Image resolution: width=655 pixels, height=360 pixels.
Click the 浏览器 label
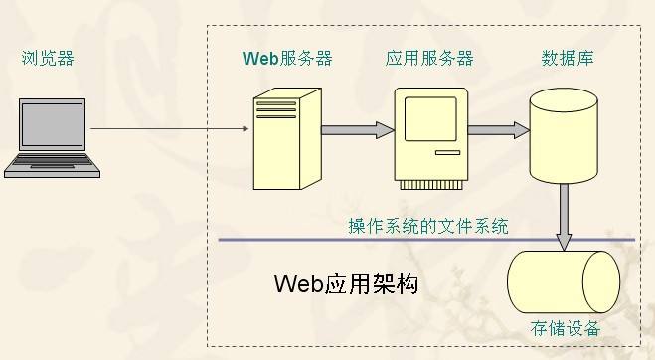pyautogui.click(x=48, y=58)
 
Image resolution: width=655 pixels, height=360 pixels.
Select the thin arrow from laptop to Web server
pyautogui.click(x=169, y=128)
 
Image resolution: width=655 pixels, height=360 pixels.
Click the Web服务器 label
pyautogui.click(x=287, y=58)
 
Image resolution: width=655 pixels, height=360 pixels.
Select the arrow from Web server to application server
pyautogui.click(x=358, y=129)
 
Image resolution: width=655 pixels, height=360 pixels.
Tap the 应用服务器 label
pyautogui.click(x=429, y=58)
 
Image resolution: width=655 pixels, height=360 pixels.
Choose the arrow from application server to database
pyautogui.click(x=497, y=129)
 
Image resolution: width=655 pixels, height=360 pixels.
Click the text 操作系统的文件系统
pyautogui.click(x=427, y=226)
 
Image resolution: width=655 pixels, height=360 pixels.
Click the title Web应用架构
pyautogui.click(x=346, y=284)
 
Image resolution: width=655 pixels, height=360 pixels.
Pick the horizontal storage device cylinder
pyautogui.click(x=563, y=281)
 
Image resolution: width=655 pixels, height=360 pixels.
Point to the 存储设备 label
pyautogui.click(x=567, y=329)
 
